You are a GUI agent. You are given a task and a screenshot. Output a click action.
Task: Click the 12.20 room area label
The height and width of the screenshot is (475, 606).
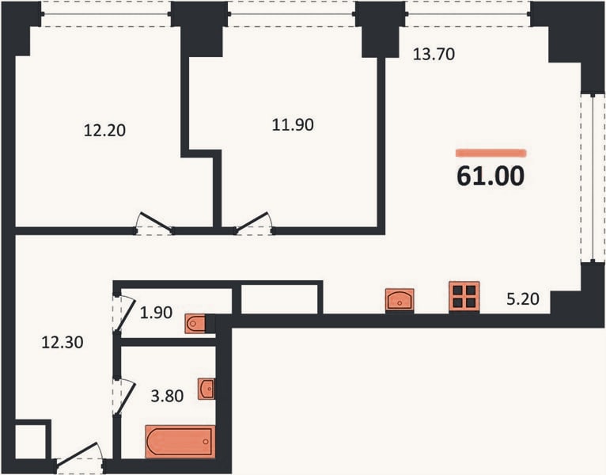pos(104,131)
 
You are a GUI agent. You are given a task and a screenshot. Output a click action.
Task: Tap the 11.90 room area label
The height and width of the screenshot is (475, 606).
pos(293,125)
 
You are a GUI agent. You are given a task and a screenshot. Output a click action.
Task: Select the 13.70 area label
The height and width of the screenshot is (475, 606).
pos(434,54)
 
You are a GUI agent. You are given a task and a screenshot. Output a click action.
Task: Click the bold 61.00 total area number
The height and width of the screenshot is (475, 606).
pos(490,176)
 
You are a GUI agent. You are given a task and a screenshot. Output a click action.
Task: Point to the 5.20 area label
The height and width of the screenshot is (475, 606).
pos(523,299)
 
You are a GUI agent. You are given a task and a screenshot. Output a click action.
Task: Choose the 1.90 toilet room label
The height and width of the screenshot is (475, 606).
pos(156,313)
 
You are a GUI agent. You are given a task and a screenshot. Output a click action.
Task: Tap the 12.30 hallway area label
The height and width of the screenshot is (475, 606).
pos(62,343)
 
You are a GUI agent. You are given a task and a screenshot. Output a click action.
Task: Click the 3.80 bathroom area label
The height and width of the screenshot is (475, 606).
pos(167,396)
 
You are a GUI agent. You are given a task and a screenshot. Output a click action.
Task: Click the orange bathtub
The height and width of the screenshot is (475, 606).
pos(180,441)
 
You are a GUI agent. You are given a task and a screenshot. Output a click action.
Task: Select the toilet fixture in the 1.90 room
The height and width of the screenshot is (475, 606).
pos(195,323)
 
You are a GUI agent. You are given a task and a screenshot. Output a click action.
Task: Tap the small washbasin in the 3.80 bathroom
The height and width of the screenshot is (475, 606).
pos(206,389)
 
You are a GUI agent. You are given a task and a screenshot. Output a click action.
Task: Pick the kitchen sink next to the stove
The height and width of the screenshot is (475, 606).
pos(400,300)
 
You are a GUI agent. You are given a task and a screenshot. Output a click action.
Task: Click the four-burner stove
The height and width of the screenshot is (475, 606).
pos(464,297)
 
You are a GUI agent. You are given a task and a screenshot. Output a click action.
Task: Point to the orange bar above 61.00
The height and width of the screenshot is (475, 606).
pos(491,153)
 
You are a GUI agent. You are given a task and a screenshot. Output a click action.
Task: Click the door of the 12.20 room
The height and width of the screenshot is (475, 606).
pos(155,222)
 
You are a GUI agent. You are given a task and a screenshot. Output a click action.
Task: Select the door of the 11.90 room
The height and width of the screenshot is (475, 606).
pos(252,223)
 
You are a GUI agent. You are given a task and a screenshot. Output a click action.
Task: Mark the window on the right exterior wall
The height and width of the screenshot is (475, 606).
pos(593,178)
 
